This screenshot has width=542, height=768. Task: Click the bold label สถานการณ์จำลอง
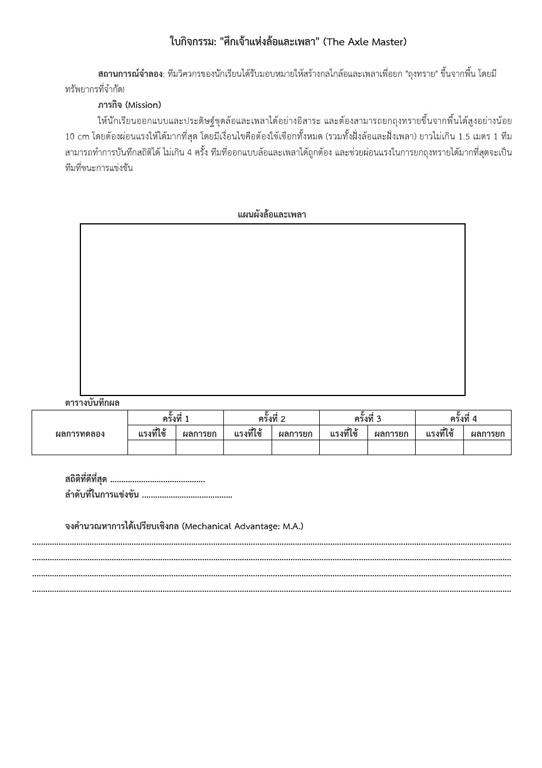(x=131, y=74)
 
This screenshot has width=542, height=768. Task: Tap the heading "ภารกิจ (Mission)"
(x=129, y=105)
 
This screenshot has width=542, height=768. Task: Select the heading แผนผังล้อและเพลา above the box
(x=272, y=215)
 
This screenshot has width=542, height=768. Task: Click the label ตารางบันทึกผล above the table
(x=92, y=403)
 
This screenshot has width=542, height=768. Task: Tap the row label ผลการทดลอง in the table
(x=80, y=433)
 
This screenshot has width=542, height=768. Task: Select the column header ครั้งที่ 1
(x=176, y=418)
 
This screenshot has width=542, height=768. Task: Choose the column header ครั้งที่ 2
(x=272, y=418)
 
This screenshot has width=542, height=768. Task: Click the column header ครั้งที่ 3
(x=367, y=418)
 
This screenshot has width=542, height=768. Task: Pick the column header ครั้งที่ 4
(x=463, y=418)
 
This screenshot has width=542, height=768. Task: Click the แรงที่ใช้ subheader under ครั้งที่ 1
(x=152, y=433)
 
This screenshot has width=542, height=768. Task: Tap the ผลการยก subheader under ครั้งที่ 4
(x=487, y=433)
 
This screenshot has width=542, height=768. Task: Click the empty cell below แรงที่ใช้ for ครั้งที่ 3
(x=343, y=448)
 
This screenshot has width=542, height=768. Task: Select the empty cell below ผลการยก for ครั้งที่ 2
(x=296, y=448)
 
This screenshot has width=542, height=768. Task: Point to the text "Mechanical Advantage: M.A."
(x=242, y=526)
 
